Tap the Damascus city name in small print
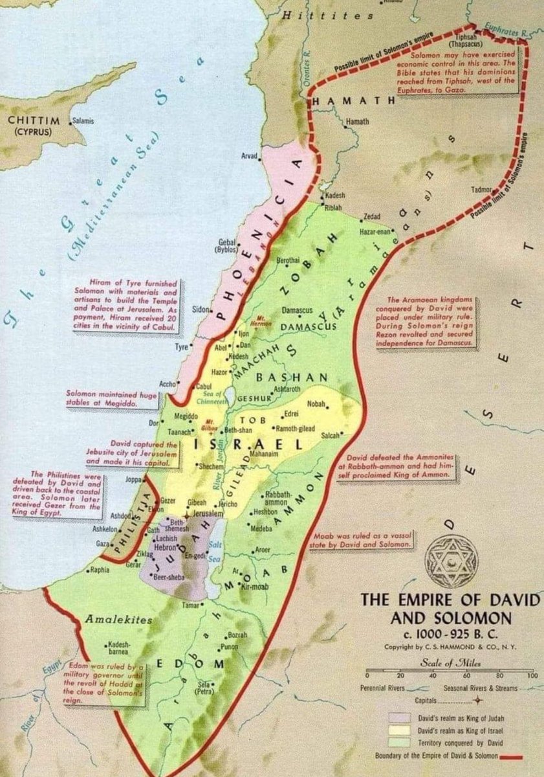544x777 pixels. tap(298, 311)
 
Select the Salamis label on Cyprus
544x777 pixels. tap(83, 120)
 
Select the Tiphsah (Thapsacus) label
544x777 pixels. tap(479, 41)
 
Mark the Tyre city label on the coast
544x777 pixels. tap(182, 347)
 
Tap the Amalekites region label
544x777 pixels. tap(118, 620)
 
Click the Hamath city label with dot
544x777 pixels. tap(357, 121)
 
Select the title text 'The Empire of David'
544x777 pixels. tap(449, 600)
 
